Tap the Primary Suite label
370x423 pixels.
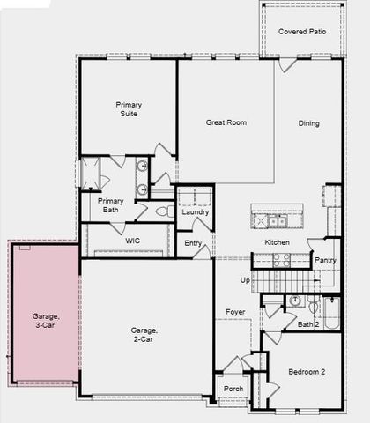(x=129, y=109)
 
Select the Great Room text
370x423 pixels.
(x=226, y=122)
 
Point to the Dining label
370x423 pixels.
(x=308, y=122)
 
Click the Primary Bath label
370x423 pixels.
(x=111, y=205)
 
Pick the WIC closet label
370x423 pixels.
(x=133, y=239)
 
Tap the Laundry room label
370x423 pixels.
(x=195, y=211)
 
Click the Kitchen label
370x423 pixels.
(x=277, y=241)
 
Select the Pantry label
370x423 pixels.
(x=326, y=260)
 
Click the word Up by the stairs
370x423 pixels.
(x=245, y=279)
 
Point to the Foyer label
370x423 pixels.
(x=234, y=312)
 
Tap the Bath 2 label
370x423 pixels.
(x=307, y=324)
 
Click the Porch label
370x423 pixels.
(x=233, y=389)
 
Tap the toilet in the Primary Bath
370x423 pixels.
(x=161, y=211)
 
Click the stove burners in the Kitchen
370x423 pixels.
(x=282, y=260)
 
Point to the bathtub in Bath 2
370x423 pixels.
(x=332, y=312)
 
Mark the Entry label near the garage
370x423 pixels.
(x=194, y=244)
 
